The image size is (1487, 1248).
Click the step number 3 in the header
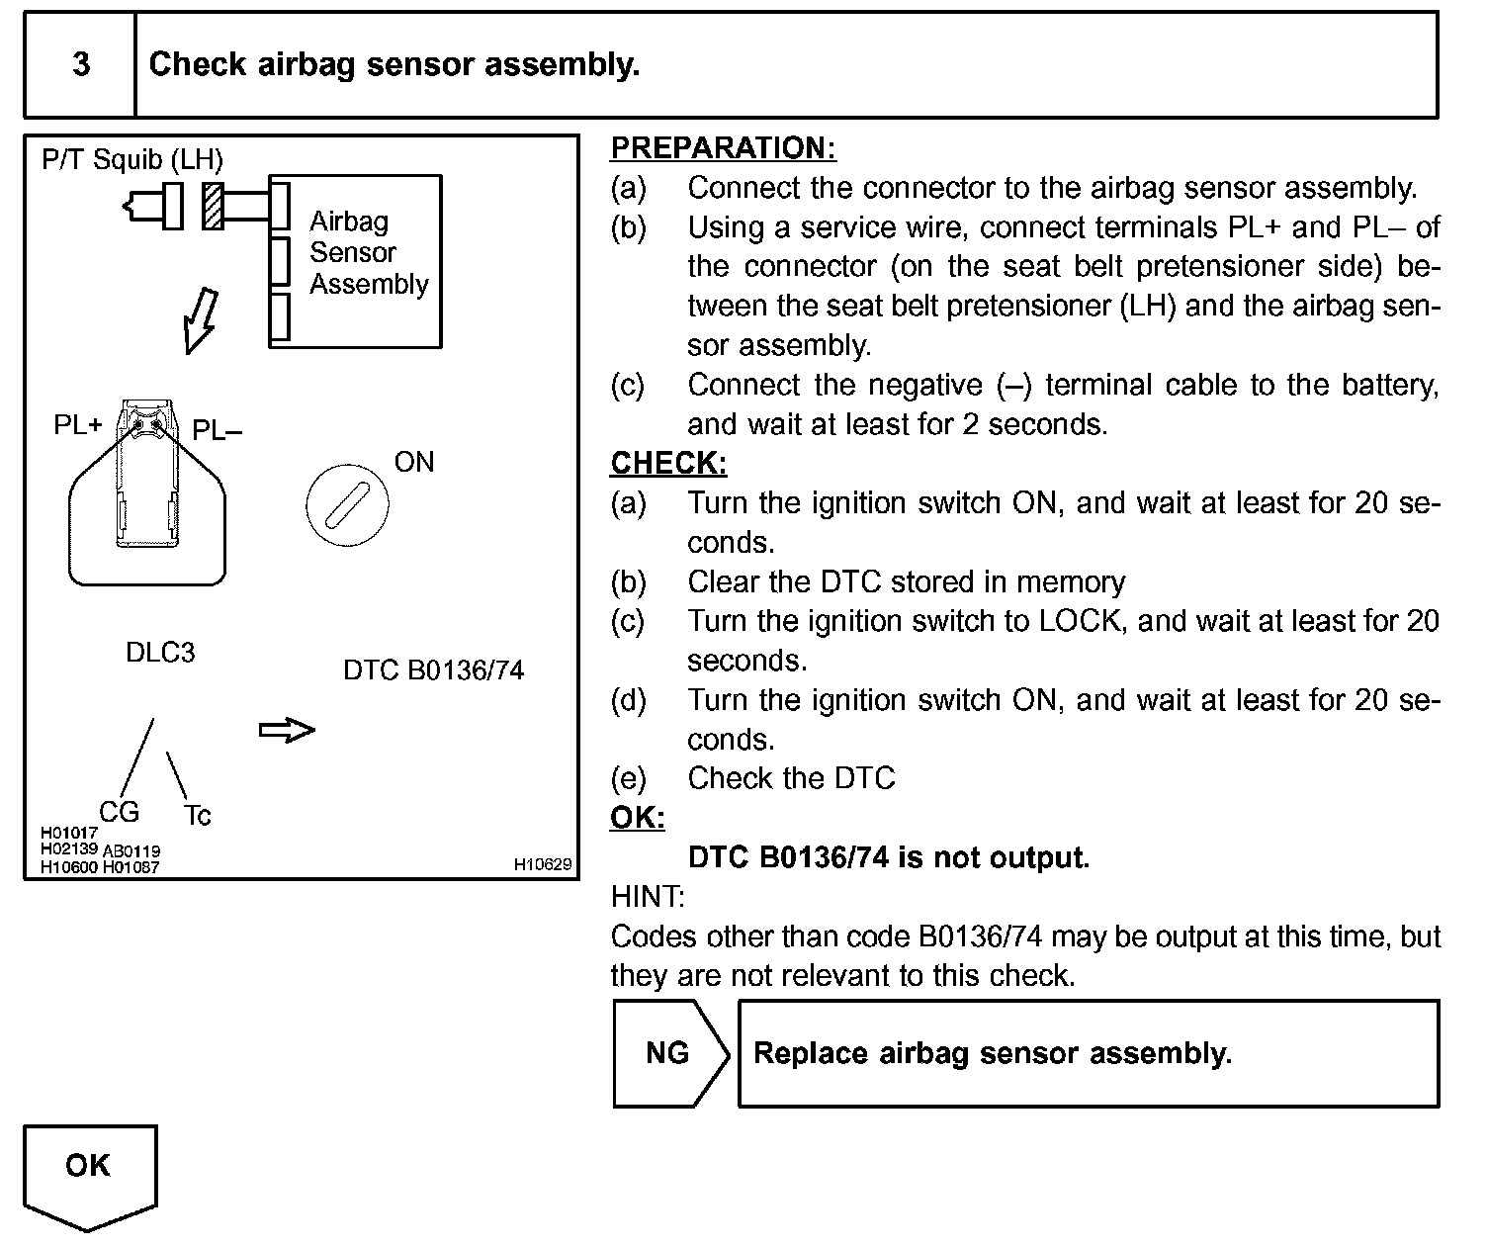coord(81,64)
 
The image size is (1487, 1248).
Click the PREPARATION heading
coord(723,147)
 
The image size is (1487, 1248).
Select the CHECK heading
coord(668,463)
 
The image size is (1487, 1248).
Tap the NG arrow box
coord(669,1053)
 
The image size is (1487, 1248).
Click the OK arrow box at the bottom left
coord(89,1172)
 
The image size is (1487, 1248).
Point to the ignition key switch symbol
coord(347,506)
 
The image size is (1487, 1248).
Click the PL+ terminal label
coord(78,425)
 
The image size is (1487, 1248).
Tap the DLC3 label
coord(160,653)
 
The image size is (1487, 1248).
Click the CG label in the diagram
coord(119,812)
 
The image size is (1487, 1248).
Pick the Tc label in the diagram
coord(197,816)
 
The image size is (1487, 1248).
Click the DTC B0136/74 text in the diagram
coord(433,670)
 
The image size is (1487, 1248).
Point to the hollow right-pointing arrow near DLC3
coord(287,731)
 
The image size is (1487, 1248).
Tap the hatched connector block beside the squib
coord(213,206)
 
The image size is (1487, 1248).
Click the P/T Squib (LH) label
coord(132,159)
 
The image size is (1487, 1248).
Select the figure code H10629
coord(542,864)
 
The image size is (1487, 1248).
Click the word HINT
coord(648,897)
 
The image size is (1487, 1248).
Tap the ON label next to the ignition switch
coord(413,462)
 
